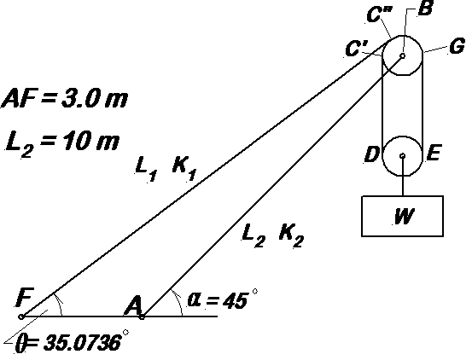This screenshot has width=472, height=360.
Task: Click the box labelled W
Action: coord(402,216)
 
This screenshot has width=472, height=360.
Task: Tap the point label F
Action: coord(25,298)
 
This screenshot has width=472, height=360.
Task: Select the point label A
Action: coord(134,305)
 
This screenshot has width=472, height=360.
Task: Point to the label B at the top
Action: coord(426,9)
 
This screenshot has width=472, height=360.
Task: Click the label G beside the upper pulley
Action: coord(457,47)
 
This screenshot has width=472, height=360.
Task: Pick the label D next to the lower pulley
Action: coord(371,154)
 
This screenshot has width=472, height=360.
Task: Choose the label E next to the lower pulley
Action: coord(434,153)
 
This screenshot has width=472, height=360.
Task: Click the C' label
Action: coord(357,49)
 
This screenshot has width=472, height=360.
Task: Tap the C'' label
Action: coord(380,15)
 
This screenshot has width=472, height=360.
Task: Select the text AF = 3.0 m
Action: coord(65,98)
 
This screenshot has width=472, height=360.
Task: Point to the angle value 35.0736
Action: coord(83,343)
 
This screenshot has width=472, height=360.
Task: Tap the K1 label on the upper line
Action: coord(184,168)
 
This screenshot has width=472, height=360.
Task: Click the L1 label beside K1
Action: coord(146,169)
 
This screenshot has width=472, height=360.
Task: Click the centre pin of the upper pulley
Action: coord(403,55)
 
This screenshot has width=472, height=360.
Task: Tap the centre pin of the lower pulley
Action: coord(403,155)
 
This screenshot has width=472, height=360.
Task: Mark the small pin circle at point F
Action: coord(21,316)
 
